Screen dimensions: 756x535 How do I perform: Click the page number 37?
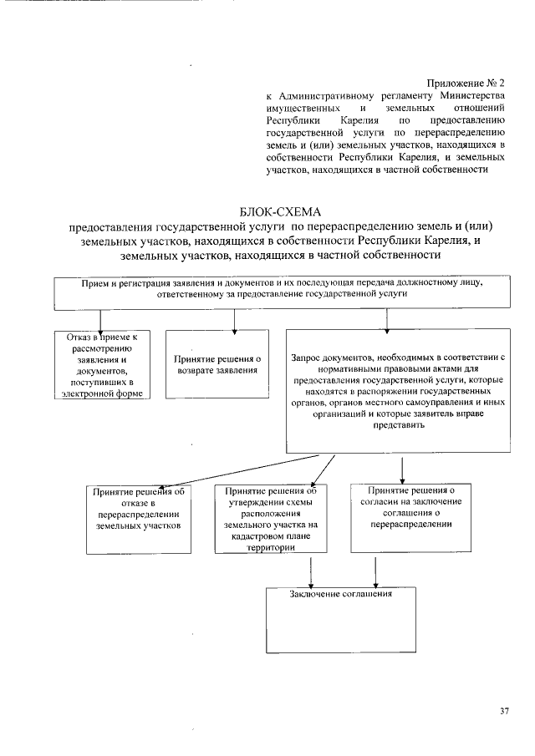pos(504,712)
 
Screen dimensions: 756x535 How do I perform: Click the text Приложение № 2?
pos(466,84)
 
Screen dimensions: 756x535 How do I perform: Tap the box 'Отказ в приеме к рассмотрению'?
pos(101,364)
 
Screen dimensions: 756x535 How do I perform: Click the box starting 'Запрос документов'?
pos(400,391)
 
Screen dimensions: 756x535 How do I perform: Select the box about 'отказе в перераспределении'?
pos(139,518)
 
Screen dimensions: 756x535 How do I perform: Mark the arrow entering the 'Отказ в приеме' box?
pos(100,320)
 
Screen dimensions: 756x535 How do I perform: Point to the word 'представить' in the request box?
pos(400,424)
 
